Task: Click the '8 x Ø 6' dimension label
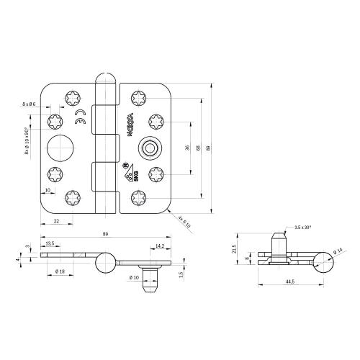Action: click(x=29, y=105)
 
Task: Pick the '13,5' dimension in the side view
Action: click(x=49, y=244)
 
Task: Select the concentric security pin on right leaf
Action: click(x=149, y=148)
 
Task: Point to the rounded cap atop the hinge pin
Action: click(x=104, y=77)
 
